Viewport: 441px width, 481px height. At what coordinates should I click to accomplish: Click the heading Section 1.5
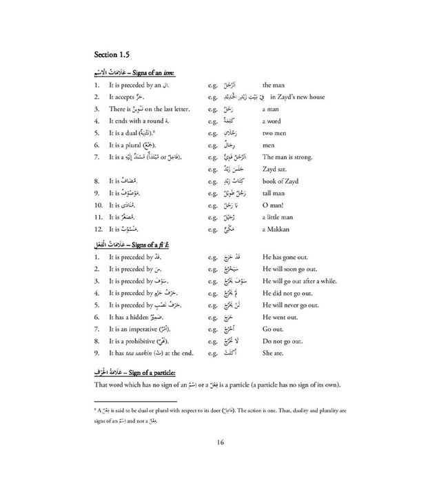pyautogui.click(x=114, y=54)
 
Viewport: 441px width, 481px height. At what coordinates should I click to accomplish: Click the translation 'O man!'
pyautogui.click(x=275, y=205)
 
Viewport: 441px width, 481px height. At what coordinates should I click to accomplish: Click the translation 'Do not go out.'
pyautogui.click(x=283, y=341)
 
